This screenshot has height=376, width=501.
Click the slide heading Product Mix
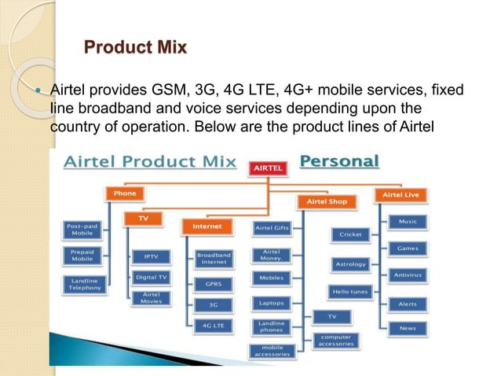point(135,48)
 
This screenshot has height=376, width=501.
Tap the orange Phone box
point(124,193)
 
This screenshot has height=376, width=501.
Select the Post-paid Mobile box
point(82,230)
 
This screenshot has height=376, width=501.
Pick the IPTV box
point(151,256)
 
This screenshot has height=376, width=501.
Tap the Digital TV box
point(151,277)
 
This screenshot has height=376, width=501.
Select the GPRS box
point(213,283)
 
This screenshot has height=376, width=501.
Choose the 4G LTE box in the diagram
point(213,324)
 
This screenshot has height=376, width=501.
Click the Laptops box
point(271,302)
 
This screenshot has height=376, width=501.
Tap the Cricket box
point(350,234)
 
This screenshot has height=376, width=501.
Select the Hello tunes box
point(350,291)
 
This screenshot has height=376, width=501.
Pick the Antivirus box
point(408,275)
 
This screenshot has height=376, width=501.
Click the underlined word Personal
point(339,162)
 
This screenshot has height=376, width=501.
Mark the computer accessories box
point(335,341)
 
